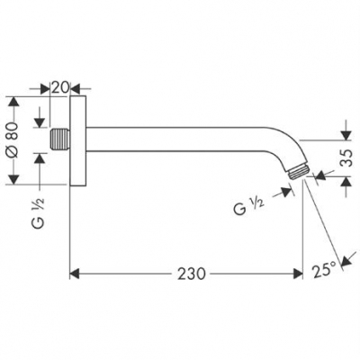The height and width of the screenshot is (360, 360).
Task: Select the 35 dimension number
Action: click(x=347, y=159)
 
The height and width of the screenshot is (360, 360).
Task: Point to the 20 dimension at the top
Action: click(x=59, y=87)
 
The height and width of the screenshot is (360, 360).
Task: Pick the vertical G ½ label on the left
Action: click(x=38, y=220)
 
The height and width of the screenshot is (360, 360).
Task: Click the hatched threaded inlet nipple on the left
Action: click(x=60, y=141)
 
